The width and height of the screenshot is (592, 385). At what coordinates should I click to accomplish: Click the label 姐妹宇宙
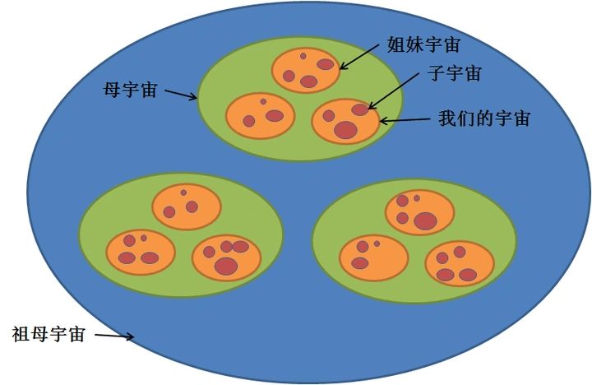[x=423, y=44]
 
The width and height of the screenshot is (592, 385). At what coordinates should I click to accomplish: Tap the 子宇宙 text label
[x=455, y=73]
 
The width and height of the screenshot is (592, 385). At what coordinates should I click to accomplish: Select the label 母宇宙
[x=130, y=90]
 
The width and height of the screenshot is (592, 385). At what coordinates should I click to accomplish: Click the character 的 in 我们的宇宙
[x=484, y=118]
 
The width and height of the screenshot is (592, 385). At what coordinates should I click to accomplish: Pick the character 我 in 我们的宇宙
[x=447, y=118]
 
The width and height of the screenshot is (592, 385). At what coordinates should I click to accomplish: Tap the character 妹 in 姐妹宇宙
[x=414, y=44]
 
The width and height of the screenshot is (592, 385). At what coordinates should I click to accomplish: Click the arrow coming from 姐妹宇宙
[x=358, y=57]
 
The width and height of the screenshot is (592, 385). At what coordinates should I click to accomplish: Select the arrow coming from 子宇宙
[x=393, y=90]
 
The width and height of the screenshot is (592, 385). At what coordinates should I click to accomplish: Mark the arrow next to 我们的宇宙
[x=405, y=120]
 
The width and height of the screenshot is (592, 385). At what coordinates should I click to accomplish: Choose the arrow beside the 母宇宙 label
[x=181, y=95]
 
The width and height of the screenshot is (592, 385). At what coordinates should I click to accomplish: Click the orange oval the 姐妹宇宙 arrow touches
[x=306, y=70]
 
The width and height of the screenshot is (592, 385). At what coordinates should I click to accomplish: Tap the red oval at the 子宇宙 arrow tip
[x=360, y=109]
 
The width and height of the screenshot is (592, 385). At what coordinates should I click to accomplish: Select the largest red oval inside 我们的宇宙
[x=345, y=130]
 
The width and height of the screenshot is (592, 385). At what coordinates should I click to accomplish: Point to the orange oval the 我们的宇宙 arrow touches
[x=345, y=121]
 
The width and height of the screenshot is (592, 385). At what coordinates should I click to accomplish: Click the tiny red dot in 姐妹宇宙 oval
[x=303, y=56]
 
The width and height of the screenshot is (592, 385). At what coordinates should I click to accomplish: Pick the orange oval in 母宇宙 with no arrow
[x=260, y=116]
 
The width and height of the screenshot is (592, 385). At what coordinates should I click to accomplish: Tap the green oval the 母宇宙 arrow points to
[x=300, y=99]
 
